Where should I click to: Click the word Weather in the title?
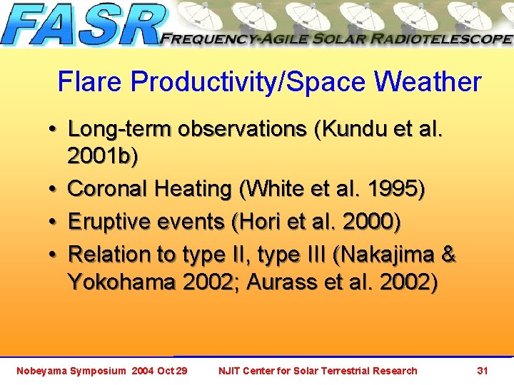[x=428, y=82]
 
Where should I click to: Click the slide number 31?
[x=483, y=370]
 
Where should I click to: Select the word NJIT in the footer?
[x=231, y=370]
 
